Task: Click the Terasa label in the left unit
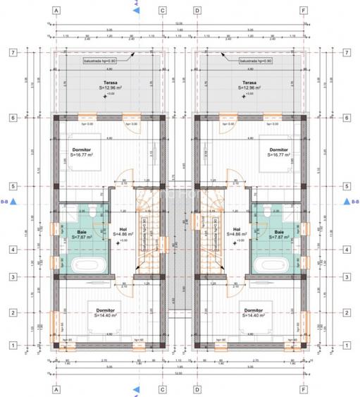pos(108,82)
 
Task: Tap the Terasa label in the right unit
pos(250,82)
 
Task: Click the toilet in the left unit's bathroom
pos(66,211)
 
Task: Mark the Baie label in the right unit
pos(279,231)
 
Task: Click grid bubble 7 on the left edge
pos(12,52)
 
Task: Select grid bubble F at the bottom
pos(303,388)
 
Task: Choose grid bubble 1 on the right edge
pos(346,345)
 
